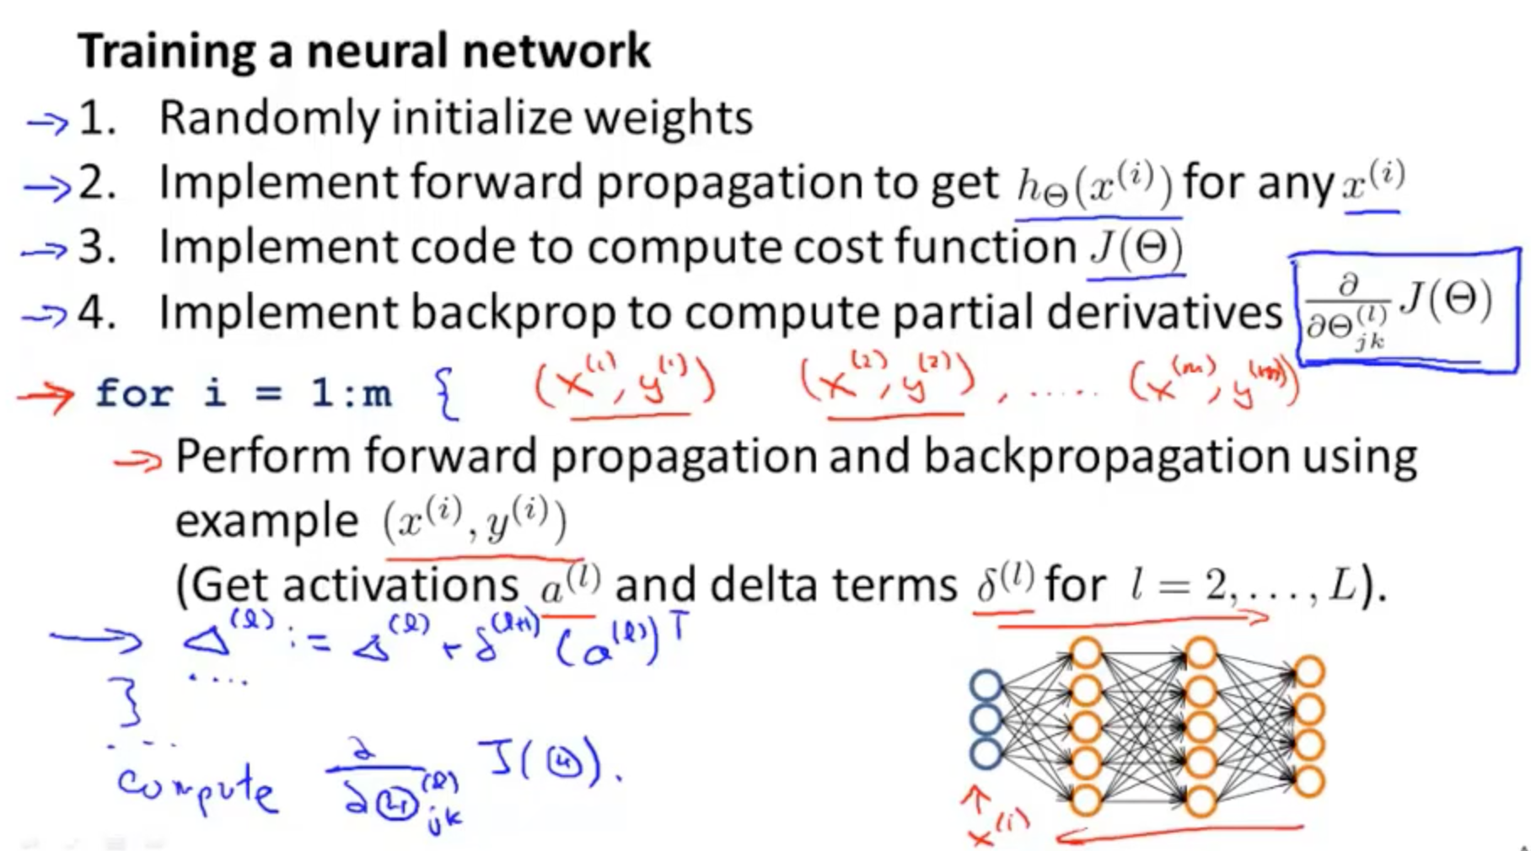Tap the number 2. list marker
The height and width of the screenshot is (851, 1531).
click(97, 184)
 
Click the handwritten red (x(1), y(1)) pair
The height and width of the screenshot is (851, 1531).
click(625, 384)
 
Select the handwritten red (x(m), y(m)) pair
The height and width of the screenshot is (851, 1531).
click(1215, 383)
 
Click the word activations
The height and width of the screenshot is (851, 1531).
click(400, 586)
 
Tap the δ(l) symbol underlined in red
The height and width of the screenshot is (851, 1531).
click(1002, 583)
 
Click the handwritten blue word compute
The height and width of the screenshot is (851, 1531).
click(196, 789)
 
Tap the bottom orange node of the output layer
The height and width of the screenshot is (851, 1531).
click(1308, 781)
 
